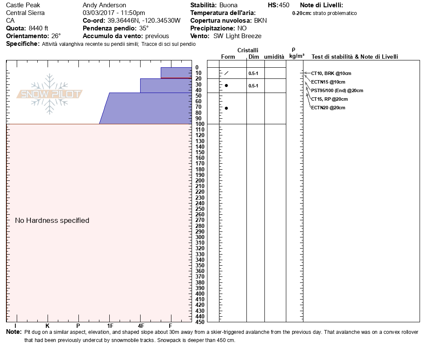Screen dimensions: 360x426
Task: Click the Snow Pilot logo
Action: (x=50, y=94)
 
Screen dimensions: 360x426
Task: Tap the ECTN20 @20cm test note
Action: (x=328, y=108)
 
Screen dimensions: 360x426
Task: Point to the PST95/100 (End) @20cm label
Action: (x=337, y=90)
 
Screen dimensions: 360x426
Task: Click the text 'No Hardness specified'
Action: (x=52, y=220)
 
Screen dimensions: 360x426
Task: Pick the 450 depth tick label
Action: (x=199, y=321)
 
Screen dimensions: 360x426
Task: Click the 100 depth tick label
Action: (x=199, y=124)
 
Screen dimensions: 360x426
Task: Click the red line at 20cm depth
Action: (x=176, y=78)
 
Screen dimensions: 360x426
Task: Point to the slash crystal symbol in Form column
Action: (x=226, y=73)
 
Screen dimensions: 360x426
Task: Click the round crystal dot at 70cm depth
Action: (x=226, y=108)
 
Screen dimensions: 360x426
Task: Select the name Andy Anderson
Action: (x=104, y=5)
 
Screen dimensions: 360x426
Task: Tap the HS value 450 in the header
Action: (x=284, y=5)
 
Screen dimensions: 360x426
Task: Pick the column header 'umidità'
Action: (x=274, y=57)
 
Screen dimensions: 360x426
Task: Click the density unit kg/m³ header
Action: (x=297, y=56)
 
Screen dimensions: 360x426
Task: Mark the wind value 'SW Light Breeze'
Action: (x=237, y=36)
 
